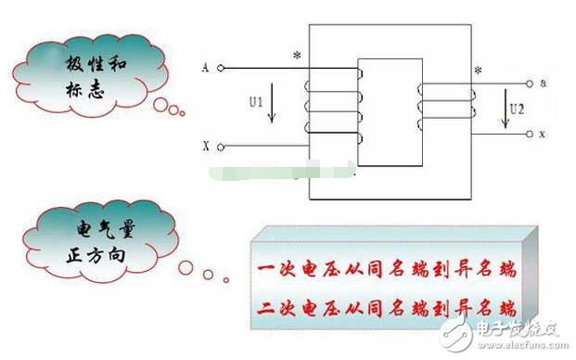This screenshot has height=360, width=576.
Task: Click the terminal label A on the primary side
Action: [205, 68]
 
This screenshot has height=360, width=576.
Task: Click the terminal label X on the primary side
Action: [205, 147]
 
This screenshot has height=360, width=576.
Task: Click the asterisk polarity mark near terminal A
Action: [295, 57]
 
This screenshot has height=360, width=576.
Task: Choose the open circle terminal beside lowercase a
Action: [530, 84]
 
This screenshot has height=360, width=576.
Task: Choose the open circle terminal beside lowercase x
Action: [530, 135]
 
